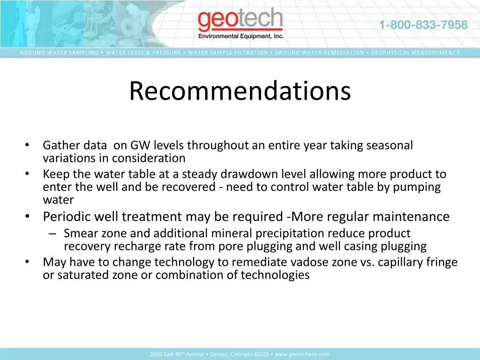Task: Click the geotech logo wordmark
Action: [x=240, y=22]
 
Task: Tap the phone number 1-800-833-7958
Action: [x=423, y=25]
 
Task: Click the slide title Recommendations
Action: [x=240, y=91]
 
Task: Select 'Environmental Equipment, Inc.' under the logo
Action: [x=241, y=37]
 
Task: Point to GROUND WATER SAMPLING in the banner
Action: [x=59, y=52]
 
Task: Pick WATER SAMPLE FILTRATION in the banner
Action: [x=228, y=52]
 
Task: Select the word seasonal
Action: [x=390, y=146]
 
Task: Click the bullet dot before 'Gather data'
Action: [x=28, y=145]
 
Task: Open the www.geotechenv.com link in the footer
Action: [x=302, y=354]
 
